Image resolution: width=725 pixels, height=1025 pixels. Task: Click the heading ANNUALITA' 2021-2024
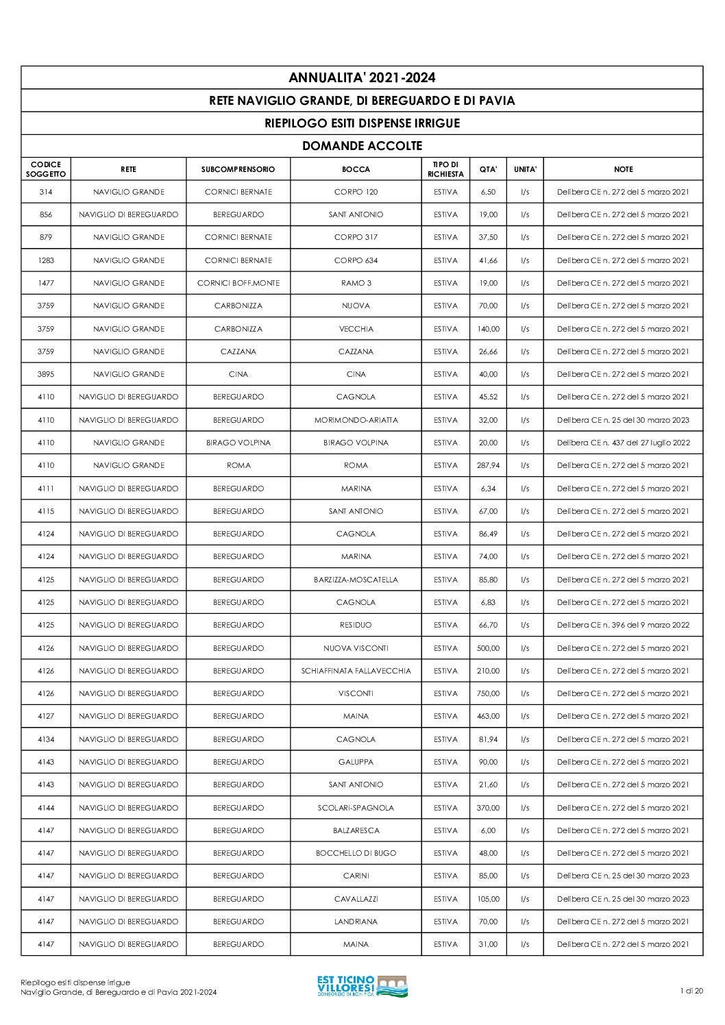coord(362,77)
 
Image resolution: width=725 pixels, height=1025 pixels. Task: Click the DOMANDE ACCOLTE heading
coord(362,146)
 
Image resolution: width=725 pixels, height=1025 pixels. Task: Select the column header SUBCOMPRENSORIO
coord(238,169)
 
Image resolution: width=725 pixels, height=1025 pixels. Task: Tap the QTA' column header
coord(488,169)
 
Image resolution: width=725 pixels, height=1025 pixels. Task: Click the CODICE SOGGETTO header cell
coord(46,169)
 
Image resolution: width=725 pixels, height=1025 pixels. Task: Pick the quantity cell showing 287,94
coord(488,465)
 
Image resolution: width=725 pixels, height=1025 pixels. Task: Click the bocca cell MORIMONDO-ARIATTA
coord(356,420)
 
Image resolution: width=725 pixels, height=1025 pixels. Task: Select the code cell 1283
coord(46,260)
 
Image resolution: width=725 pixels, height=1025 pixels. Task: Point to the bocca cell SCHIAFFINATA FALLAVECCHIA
coord(356,671)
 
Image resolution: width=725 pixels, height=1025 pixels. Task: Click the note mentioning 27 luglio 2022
coord(623,443)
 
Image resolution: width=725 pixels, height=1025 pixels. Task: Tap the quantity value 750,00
coord(488,693)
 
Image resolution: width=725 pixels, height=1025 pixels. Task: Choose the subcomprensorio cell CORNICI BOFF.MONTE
coord(238,283)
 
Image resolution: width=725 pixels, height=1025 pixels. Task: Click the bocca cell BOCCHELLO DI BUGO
coord(356,853)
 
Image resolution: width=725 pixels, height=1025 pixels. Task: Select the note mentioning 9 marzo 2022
coord(623,625)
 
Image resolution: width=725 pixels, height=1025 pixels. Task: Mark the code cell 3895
coord(46,374)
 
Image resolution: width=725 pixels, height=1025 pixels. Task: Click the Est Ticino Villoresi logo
coord(362,987)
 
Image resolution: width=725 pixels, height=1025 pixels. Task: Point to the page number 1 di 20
coord(691,991)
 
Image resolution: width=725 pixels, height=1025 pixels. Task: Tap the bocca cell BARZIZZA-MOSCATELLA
coord(356,580)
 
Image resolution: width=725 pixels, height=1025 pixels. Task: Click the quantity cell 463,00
coord(488,716)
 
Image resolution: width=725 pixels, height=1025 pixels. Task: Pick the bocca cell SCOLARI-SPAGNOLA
coord(356,808)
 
